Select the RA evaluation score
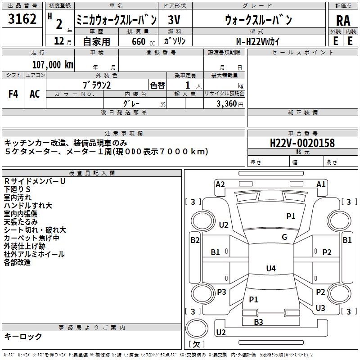tap(343, 21)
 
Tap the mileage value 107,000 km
tap(53, 64)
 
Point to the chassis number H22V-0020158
tap(302, 143)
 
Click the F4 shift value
tap(13, 94)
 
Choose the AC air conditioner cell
tap(35, 94)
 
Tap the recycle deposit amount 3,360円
tap(229, 103)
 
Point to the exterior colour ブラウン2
tap(97, 85)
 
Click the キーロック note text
tap(23, 337)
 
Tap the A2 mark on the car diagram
tap(220, 184)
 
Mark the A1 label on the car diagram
tap(321, 184)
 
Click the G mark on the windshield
tap(284, 237)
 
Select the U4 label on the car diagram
tap(270, 269)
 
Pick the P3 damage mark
tap(221, 292)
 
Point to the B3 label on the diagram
tap(258, 322)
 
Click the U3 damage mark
tap(320, 308)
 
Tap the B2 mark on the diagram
tap(195, 240)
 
